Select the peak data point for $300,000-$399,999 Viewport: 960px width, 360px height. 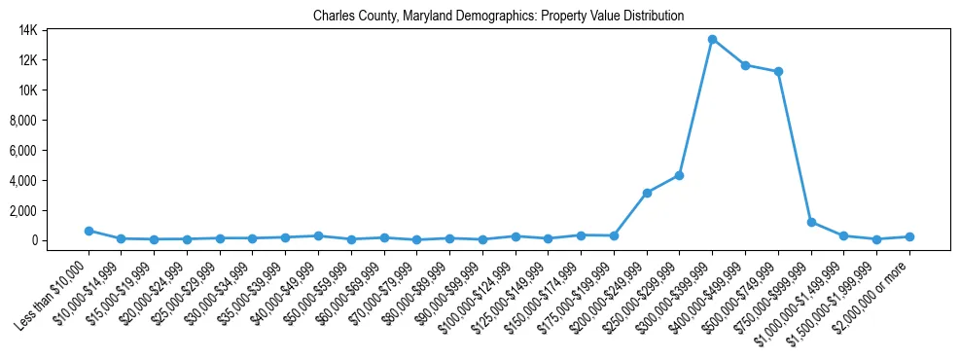[x=712, y=40]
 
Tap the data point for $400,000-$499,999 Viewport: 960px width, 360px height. [x=745, y=65]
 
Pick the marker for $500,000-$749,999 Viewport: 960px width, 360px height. [x=778, y=72]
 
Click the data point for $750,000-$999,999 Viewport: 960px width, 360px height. [x=811, y=222]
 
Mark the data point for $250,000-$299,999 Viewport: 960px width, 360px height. [x=679, y=175]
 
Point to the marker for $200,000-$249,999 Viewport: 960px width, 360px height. [x=647, y=193]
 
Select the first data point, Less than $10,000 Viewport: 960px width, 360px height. [x=89, y=231]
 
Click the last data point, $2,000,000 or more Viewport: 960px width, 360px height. [x=909, y=236]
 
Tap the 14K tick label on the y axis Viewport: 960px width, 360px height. [x=54, y=30]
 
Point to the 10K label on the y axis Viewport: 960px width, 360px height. [x=54, y=90]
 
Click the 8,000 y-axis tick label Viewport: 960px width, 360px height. [x=51, y=121]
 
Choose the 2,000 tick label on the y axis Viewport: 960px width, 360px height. [x=51, y=211]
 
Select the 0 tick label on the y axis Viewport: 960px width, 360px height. [x=60, y=240]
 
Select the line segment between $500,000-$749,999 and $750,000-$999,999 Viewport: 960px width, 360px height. [x=795, y=147]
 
